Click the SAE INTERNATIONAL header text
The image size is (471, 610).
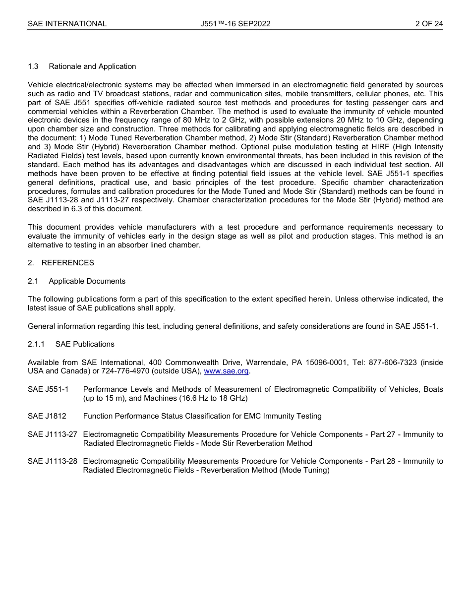pyautogui.click(x=67, y=23)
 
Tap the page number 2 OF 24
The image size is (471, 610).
pyautogui.click(x=429, y=23)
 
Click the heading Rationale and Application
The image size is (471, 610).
pyautogui.click(x=92, y=66)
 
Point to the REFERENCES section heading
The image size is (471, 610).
pyautogui.click(x=67, y=263)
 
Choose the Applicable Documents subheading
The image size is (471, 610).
pyautogui.click(x=87, y=281)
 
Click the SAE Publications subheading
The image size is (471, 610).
pyautogui.click(x=85, y=344)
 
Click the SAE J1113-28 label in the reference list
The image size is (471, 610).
pyautogui.click(x=53, y=461)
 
